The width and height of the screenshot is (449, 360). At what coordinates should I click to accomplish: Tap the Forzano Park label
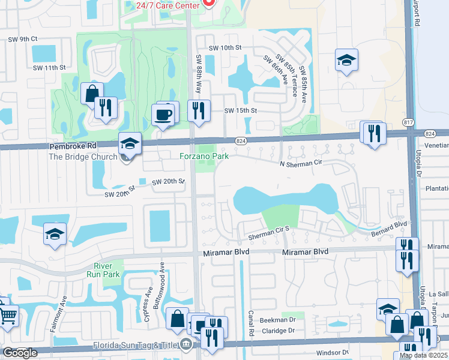click(204, 156)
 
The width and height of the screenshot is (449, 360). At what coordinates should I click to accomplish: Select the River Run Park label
click(106, 270)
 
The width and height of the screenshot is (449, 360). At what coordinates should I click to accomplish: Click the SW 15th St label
click(240, 111)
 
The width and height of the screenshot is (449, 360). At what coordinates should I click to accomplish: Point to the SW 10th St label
click(224, 47)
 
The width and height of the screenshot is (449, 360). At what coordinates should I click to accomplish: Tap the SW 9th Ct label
click(23, 39)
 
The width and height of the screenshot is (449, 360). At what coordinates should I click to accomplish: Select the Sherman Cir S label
click(270, 229)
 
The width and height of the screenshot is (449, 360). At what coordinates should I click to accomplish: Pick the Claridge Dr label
click(277, 331)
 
